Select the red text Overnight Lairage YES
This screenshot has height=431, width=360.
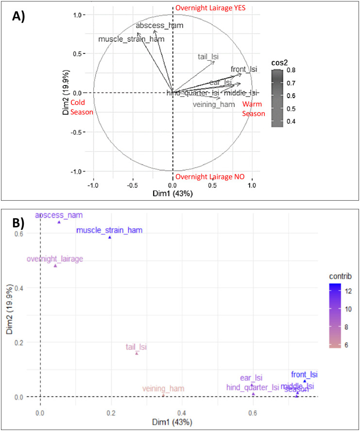point(212,8)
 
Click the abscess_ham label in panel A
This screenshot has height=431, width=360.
point(159,25)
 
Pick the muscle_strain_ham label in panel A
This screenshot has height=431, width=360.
point(131,39)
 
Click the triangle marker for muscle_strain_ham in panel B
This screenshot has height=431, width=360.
point(110,237)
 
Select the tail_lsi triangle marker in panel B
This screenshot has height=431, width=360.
point(137,353)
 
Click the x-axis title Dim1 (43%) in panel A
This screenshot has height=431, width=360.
point(173,193)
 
